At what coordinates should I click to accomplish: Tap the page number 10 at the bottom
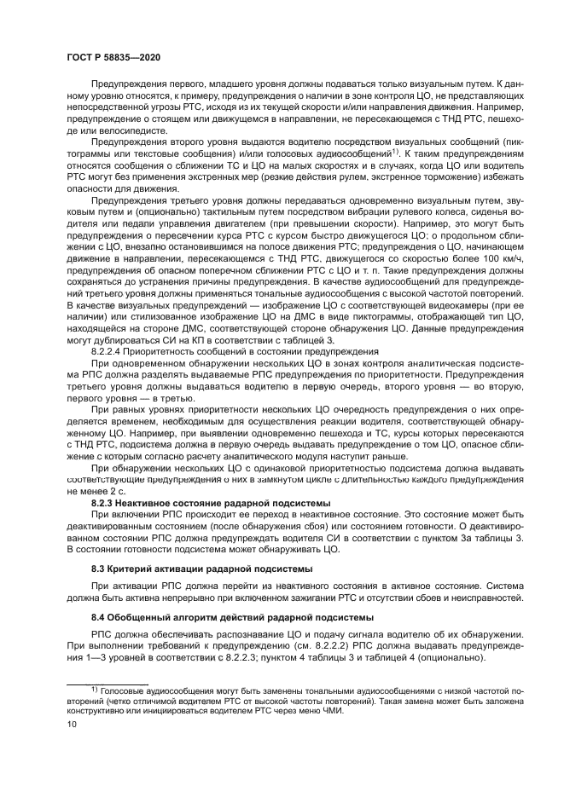73,724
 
